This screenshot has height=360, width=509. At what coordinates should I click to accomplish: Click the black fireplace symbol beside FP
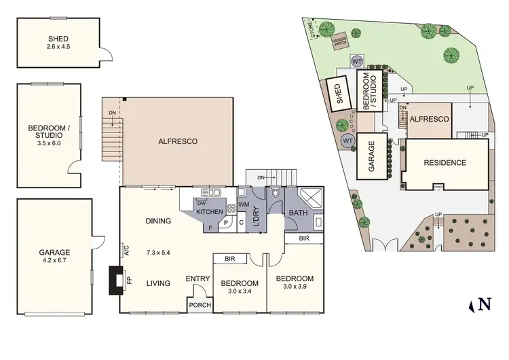click(x=115, y=279)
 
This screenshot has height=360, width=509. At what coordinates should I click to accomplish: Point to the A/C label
click(x=126, y=251)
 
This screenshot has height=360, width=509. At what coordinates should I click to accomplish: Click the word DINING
click(x=157, y=221)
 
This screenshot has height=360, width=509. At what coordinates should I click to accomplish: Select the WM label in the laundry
click(x=244, y=204)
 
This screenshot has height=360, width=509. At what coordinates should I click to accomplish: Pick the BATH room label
click(x=299, y=213)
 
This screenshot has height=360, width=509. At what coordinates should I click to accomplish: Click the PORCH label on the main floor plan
click(x=201, y=305)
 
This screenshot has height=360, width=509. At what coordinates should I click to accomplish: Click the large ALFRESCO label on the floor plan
click(x=177, y=141)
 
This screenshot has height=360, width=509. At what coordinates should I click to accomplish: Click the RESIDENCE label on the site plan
click(x=445, y=162)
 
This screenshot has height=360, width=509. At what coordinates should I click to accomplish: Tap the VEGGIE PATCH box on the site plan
click(x=339, y=42)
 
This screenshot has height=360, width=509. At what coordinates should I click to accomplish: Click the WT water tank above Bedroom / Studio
click(x=356, y=61)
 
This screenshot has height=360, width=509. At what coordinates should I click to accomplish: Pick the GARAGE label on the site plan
click(x=372, y=155)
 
